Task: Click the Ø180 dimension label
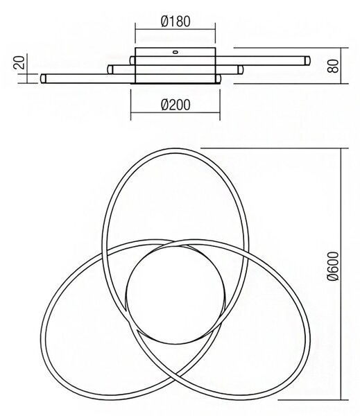pyautogui.click(x=175, y=21)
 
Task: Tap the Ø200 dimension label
pyautogui.click(x=175, y=105)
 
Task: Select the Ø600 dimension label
pyautogui.click(x=333, y=266)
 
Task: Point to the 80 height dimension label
pyautogui.click(x=333, y=66)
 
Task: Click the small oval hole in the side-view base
pyautogui.click(x=175, y=52)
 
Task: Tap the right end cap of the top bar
pyautogui.click(x=307, y=60)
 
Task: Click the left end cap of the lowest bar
pyautogui.click(x=43, y=79)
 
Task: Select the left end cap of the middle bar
pyautogui.click(x=110, y=69)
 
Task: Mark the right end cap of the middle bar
pyautogui.click(x=240, y=69)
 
